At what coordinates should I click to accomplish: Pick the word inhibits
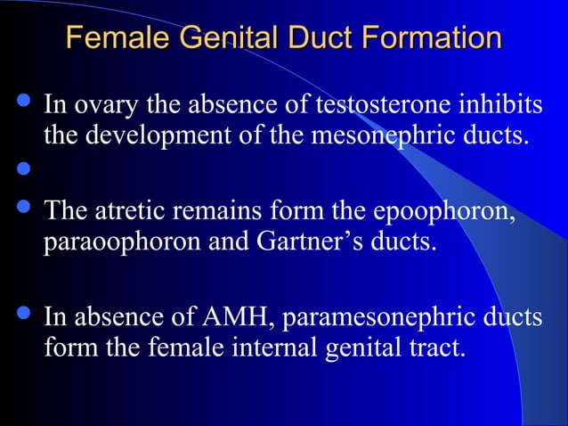(x=498, y=106)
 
